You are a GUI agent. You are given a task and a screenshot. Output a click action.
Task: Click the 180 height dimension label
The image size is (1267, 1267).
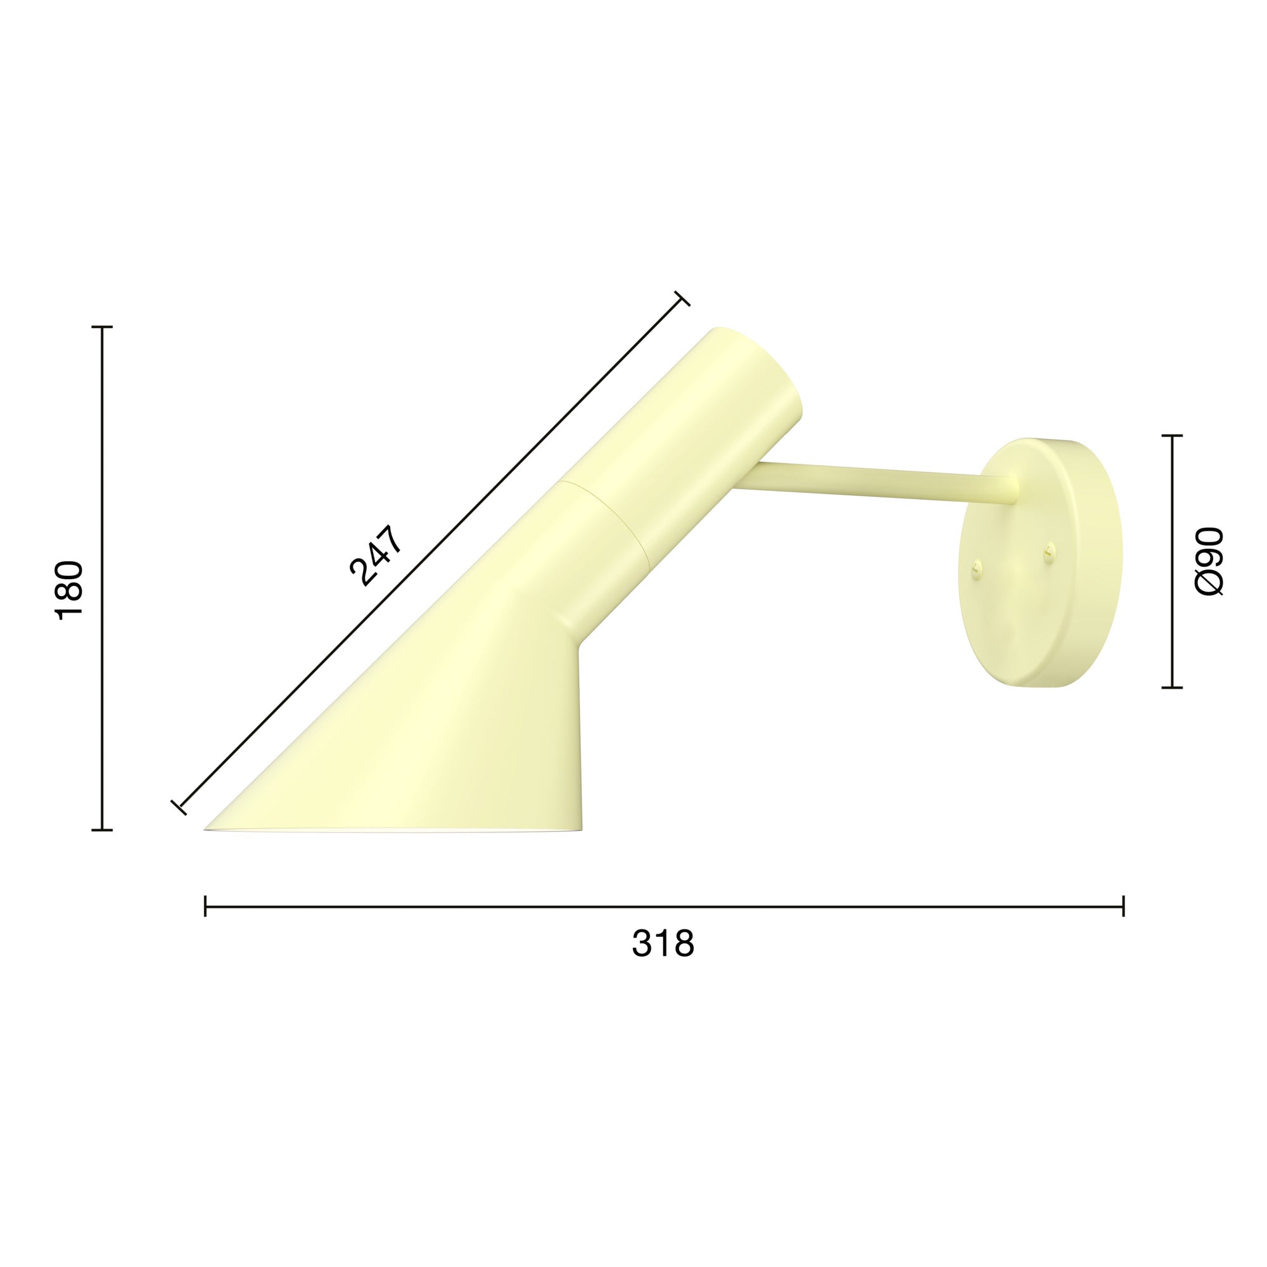[70, 590]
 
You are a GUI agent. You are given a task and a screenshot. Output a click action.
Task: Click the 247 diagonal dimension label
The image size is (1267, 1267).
[375, 555]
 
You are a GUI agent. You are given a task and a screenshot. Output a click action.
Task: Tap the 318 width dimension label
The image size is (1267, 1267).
[663, 945]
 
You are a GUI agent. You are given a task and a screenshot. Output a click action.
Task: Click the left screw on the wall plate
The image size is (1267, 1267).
[976, 570]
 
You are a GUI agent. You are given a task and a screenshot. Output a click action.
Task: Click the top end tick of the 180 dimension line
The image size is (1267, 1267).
[101, 327]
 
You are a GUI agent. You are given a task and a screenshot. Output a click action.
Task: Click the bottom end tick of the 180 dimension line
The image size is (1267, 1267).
[101, 831]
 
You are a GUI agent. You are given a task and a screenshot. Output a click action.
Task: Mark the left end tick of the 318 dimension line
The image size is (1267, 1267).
[205, 907]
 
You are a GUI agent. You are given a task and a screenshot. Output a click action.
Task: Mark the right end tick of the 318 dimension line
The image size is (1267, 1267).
[1123, 907]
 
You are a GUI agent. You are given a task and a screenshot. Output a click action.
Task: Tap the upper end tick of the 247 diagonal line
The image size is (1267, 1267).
[682, 298]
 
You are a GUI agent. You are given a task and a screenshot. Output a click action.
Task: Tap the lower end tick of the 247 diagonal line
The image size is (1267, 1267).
[179, 807]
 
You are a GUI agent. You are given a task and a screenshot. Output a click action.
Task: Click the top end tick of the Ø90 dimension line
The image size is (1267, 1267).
[1172, 435]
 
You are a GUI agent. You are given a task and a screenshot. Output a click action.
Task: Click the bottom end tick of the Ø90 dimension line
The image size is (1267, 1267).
[1172, 688]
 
